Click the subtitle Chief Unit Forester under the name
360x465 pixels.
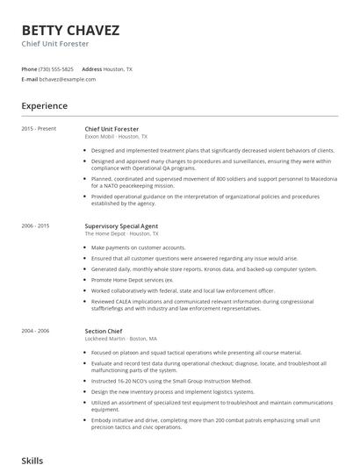55,43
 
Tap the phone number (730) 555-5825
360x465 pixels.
56,68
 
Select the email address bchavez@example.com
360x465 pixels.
68,79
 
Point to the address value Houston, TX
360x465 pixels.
119,68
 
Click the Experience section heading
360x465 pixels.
45,106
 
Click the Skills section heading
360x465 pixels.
32,459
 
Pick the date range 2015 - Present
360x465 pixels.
39,129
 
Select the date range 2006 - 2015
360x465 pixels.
36,226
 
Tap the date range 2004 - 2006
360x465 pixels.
36,331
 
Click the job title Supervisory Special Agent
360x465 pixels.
121,226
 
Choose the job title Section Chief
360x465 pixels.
104,331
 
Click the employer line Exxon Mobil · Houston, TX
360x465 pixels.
116,137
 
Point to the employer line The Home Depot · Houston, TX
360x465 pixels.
121,234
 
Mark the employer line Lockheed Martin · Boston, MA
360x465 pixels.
121,339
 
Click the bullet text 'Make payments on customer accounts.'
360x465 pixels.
138,247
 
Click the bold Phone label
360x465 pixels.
29,68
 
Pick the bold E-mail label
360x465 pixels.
30,79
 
